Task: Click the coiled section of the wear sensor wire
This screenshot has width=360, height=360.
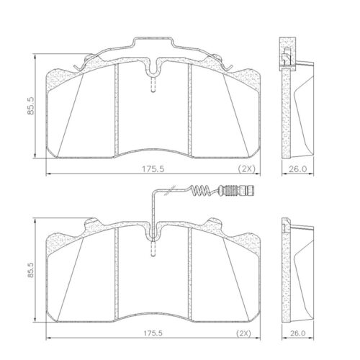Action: coord(205,191)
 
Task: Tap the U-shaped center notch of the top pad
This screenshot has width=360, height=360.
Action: coord(152,71)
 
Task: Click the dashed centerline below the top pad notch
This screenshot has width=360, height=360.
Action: coord(152,86)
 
